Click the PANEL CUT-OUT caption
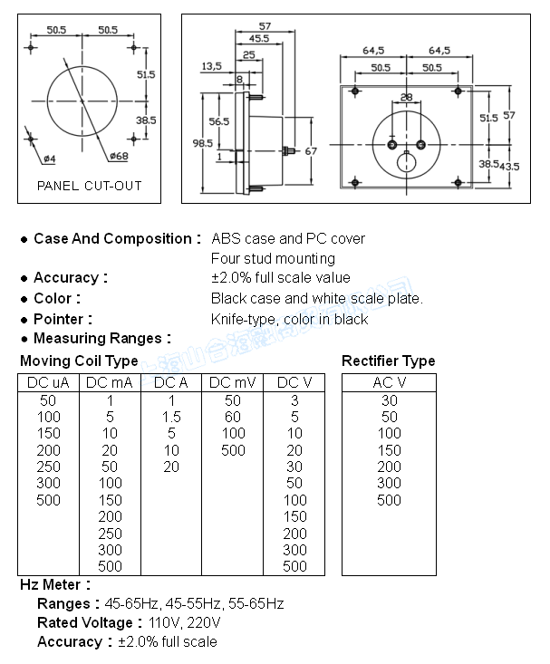tap(89, 186)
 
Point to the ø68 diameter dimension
tap(118, 157)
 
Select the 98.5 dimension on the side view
tap(203, 143)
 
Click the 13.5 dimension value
tap(211, 66)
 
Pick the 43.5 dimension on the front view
tap(511, 166)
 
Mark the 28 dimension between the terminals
tap(406, 97)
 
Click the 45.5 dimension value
tap(259, 38)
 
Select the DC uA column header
tap(49, 382)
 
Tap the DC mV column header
tap(233, 382)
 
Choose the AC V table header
tap(389, 382)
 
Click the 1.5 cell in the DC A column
tap(171, 417)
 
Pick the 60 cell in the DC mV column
tap(233, 417)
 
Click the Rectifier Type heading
tap(388, 361)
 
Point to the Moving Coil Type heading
tap(79, 361)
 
